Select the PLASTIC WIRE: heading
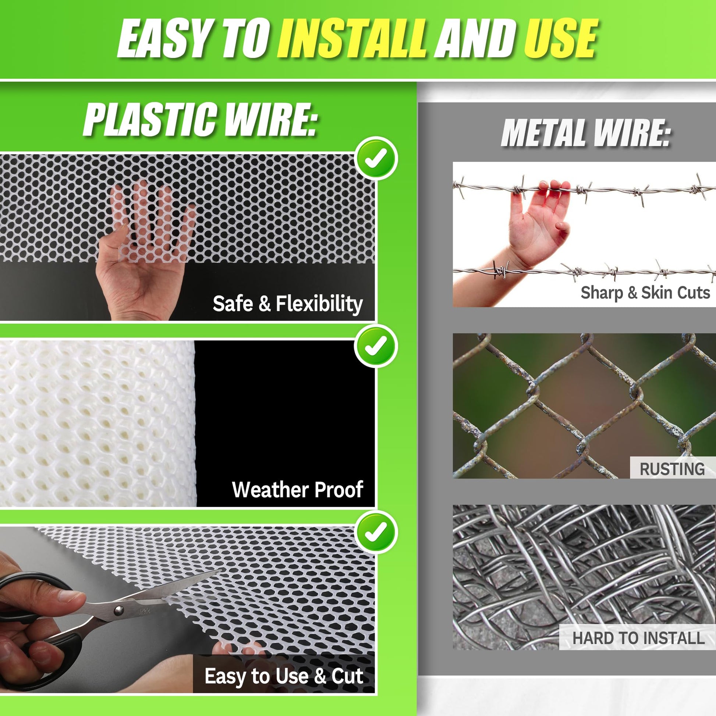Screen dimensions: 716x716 click(x=201, y=120)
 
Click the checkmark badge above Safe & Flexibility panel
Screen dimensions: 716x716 click(x=376, y=159)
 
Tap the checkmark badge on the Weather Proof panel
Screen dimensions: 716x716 click(x=376, y=346)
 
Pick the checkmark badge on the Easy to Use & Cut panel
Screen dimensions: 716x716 click(x=376, y=532)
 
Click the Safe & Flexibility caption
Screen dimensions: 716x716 click(x=288, y=304)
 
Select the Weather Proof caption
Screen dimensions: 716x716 click(x=298, y=490)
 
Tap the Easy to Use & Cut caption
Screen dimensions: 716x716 click(x=284, y=675)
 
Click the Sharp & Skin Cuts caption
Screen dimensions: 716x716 click(x=645, y=293)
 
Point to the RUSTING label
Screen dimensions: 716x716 click(x=672, y=469)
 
